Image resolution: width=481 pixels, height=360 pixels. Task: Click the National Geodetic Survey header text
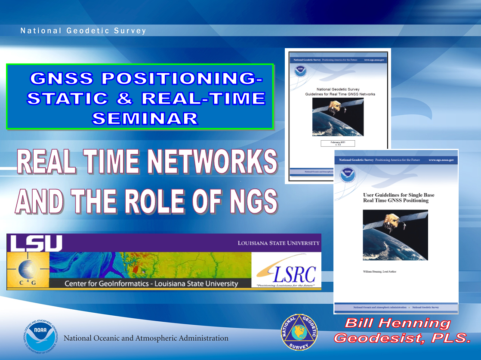[x=83, y=31]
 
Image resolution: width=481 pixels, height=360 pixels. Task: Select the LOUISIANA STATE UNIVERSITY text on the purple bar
[x=278, y=243]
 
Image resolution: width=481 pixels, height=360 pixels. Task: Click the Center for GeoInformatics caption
[x=151, y=283]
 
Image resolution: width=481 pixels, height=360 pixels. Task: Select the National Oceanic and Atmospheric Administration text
[x=146, y=338]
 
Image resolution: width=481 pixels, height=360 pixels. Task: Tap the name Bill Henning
[x=397, y=323]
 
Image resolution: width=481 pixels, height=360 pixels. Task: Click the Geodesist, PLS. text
[x=402, y=338]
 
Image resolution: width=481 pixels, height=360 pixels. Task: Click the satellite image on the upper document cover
[x=338, y=117]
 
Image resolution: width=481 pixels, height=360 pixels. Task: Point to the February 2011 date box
[x=338, y=143]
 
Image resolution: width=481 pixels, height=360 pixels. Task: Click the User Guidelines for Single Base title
[x=399, y=197]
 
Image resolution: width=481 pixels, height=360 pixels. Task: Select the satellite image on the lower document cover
[x=395, y=235]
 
